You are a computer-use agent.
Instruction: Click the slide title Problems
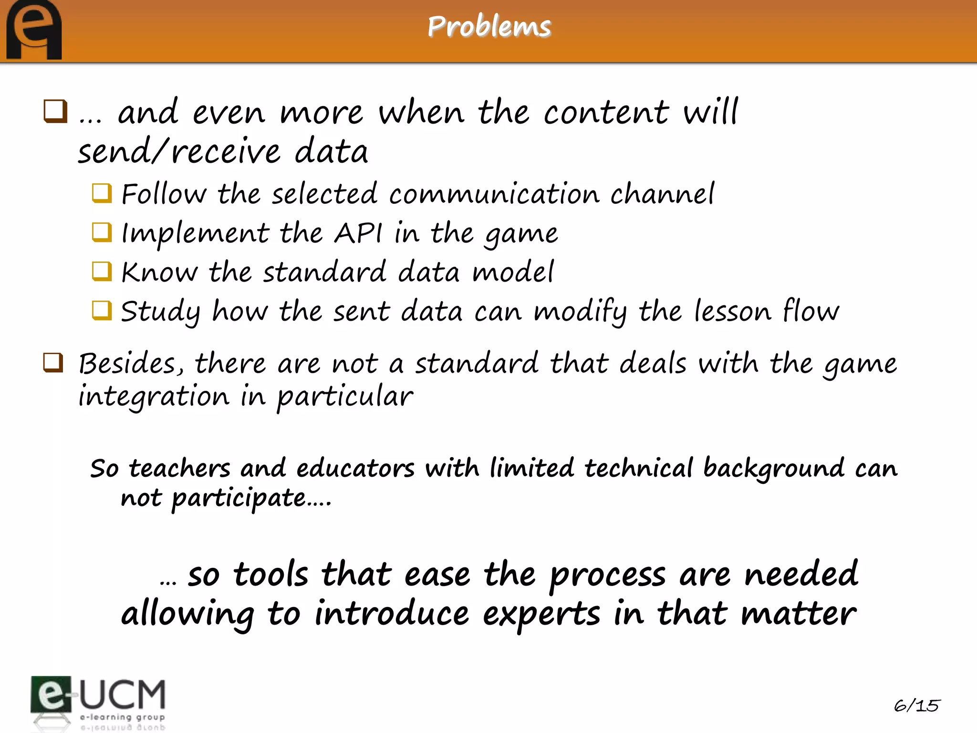[489, 26]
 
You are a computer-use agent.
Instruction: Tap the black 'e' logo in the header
[34, 30]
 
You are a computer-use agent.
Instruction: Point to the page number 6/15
[916, 705]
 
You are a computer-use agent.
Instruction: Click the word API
[358, 233]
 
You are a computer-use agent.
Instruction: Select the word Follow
[164, 194]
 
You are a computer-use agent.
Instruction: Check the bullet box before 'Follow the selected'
[102, 193]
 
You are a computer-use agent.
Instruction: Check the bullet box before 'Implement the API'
[102, 232]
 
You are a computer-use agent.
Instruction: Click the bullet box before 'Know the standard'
[102, 272]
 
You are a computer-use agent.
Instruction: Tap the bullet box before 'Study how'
[102, 311]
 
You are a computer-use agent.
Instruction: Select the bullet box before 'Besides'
[53, 363]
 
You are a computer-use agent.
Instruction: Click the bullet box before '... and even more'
[55, 111]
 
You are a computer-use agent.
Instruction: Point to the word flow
[811, 311]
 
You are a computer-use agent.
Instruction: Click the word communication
[494, 194]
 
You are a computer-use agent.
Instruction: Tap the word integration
[154, 397]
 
